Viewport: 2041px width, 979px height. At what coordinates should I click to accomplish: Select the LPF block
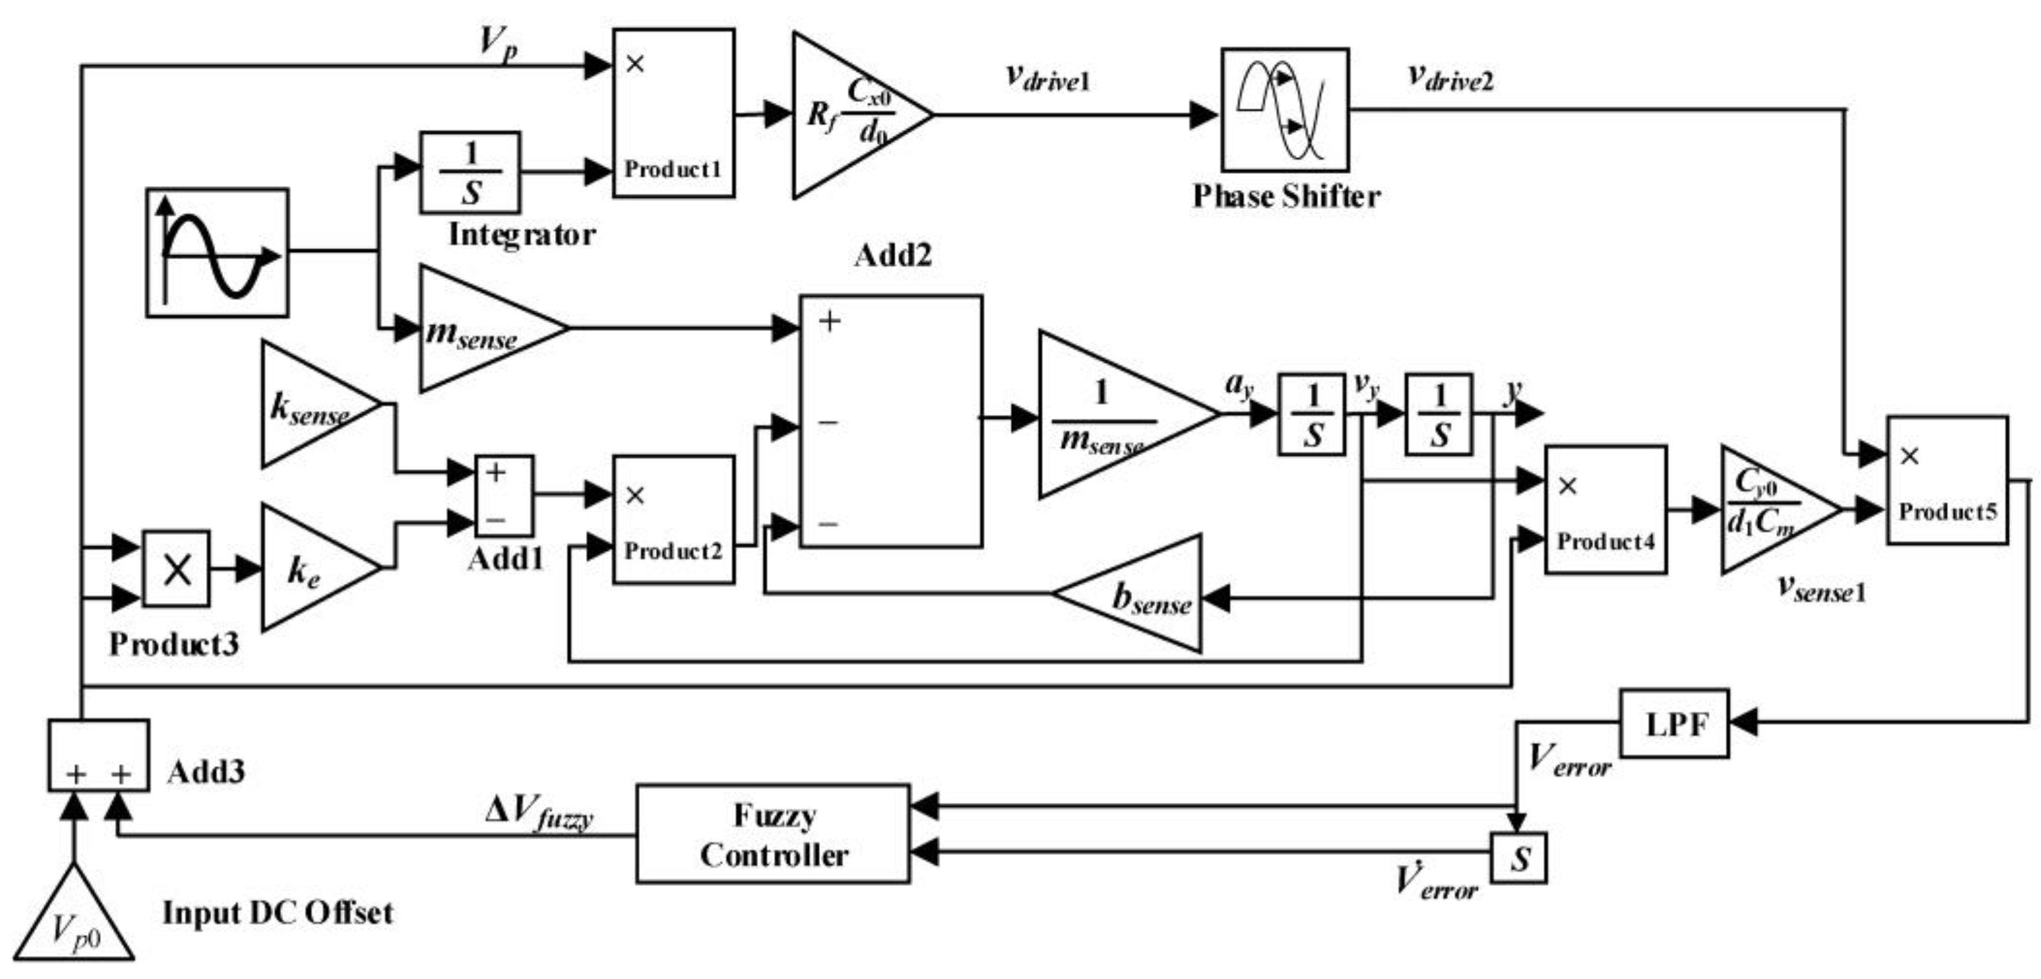pos(1674,723)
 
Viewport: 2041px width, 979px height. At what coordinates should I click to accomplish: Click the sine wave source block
pos(217,252)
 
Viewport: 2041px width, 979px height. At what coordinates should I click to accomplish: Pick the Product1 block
pos(673,113)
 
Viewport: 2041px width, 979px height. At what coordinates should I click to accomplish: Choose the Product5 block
pos(1947,480)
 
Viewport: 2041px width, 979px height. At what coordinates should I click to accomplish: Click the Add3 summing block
pos(98,755)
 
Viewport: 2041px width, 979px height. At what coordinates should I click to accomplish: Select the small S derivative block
pos(1517,858)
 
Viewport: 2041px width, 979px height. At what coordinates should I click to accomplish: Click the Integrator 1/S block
pos(470,172)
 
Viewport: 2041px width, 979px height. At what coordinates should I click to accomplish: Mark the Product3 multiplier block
pos(176,569)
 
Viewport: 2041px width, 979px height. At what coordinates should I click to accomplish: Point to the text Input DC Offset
pos(277,913)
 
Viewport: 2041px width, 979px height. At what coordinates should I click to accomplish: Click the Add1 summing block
pos(504,496)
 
